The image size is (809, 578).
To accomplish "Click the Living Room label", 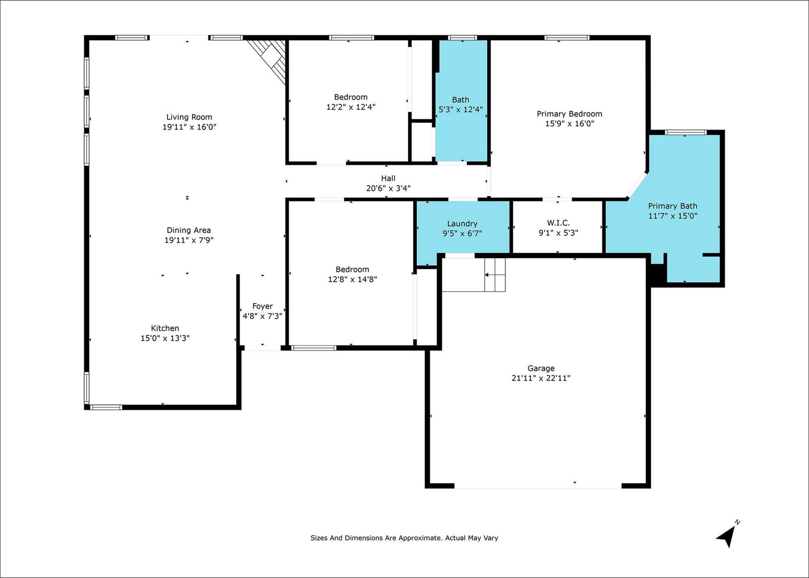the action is [x=189, y=117].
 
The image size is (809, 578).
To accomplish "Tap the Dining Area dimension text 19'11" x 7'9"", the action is [x=189, y=240].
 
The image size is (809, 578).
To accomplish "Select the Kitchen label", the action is [x=165, y=328].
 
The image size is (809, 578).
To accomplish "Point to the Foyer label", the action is [x=263, y=306].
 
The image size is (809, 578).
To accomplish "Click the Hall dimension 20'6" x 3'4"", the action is [x=388, y=188].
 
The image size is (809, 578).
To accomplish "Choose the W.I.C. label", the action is [x=558, y=222].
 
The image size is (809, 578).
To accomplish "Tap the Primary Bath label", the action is [x=672, y=206].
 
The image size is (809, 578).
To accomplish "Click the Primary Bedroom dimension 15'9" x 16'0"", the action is [x=570, y=123].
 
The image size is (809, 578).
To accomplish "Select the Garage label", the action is [x=541, y=368].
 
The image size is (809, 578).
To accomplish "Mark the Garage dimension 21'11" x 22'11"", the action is [x=541, y=378].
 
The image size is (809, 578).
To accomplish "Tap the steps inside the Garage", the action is [x=495, y=275].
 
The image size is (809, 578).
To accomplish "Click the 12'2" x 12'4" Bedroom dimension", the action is [x=351, y=107].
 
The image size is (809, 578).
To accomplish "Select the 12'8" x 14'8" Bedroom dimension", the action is [x=352, y=279].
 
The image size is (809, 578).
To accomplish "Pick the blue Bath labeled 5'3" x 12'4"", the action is [x=461, y=101].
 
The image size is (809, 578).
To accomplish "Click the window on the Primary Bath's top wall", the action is [x=686, y=133].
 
